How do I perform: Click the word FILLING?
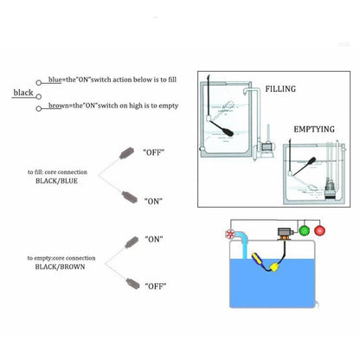click(x=281, y=89)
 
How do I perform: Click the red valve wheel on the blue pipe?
click(x=229, y=234)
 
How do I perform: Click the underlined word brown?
click(x=60, y=106)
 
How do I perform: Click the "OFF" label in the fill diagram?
click(x=154, y=151)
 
